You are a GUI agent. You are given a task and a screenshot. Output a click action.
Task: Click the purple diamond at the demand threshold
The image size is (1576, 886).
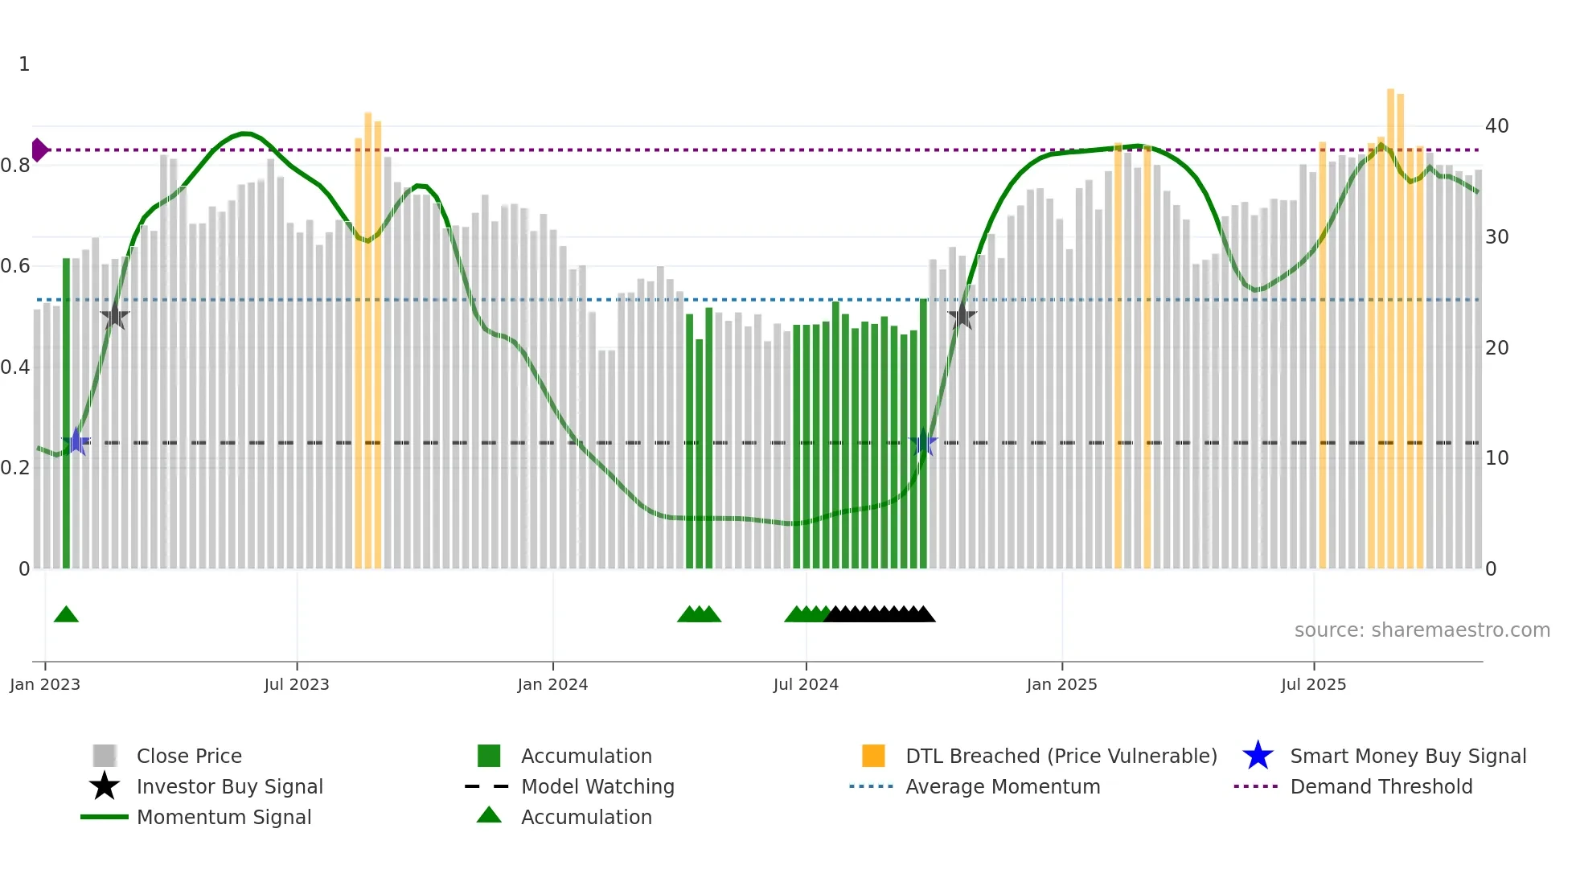pyautogui.click(x=39, y=150)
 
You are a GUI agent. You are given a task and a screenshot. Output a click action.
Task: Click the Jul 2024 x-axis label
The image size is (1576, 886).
pyautogui.click(x=806, y=684)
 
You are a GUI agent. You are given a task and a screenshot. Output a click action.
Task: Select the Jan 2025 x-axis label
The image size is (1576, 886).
pyautogui.click(x=1061, y=684)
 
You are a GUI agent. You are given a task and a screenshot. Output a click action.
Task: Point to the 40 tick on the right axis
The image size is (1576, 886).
pyautogui.click(x=1496, y=126)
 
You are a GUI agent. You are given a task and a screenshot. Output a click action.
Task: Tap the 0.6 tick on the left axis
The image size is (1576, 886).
pyautogui.click(x=15, y=266)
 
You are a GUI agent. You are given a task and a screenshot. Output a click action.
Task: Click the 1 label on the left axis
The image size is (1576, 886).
pyautogui.click(x=24, y=64)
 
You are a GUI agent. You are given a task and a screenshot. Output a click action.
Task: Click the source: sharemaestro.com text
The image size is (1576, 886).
pyautogui.click(x=1422, y=630)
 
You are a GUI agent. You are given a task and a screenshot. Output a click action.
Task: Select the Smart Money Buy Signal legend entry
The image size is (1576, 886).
pyautogui.click(x=1407, y=757)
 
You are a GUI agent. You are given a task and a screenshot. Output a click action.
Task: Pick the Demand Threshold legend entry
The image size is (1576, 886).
pyautogui.click(x=1381, y=787)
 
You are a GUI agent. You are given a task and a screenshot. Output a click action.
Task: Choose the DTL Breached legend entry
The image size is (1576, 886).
pyautogui.click(x=1061, y=757)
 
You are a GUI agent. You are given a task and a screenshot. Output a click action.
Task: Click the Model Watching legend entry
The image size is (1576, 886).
pyautogui.click(x=597, y=787)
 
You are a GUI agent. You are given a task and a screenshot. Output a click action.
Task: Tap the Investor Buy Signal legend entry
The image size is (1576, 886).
pyautogui.click(x=229, y=787)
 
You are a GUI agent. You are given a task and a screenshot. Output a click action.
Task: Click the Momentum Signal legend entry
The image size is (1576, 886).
pyautogui.click(x=224, y=818)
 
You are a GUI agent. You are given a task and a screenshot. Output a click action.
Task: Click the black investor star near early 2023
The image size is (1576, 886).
pyautogui.click(x=115, y=317)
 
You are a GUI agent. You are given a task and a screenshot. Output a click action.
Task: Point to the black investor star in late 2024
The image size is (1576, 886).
pyautogui.click(x=962, y=317)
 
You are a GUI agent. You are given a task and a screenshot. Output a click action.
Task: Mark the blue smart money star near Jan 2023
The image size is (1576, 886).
pyautogui.click(x=76, y=441)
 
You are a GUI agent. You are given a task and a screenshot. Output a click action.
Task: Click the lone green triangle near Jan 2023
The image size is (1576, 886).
pyautogui.click(x=66, y=615)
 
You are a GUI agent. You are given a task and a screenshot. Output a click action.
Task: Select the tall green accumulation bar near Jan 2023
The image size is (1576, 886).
pyautogui.click(x=67, y=414)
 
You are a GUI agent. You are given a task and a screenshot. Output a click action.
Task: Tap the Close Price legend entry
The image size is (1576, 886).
pyautogui.click(x=188, y=757)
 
